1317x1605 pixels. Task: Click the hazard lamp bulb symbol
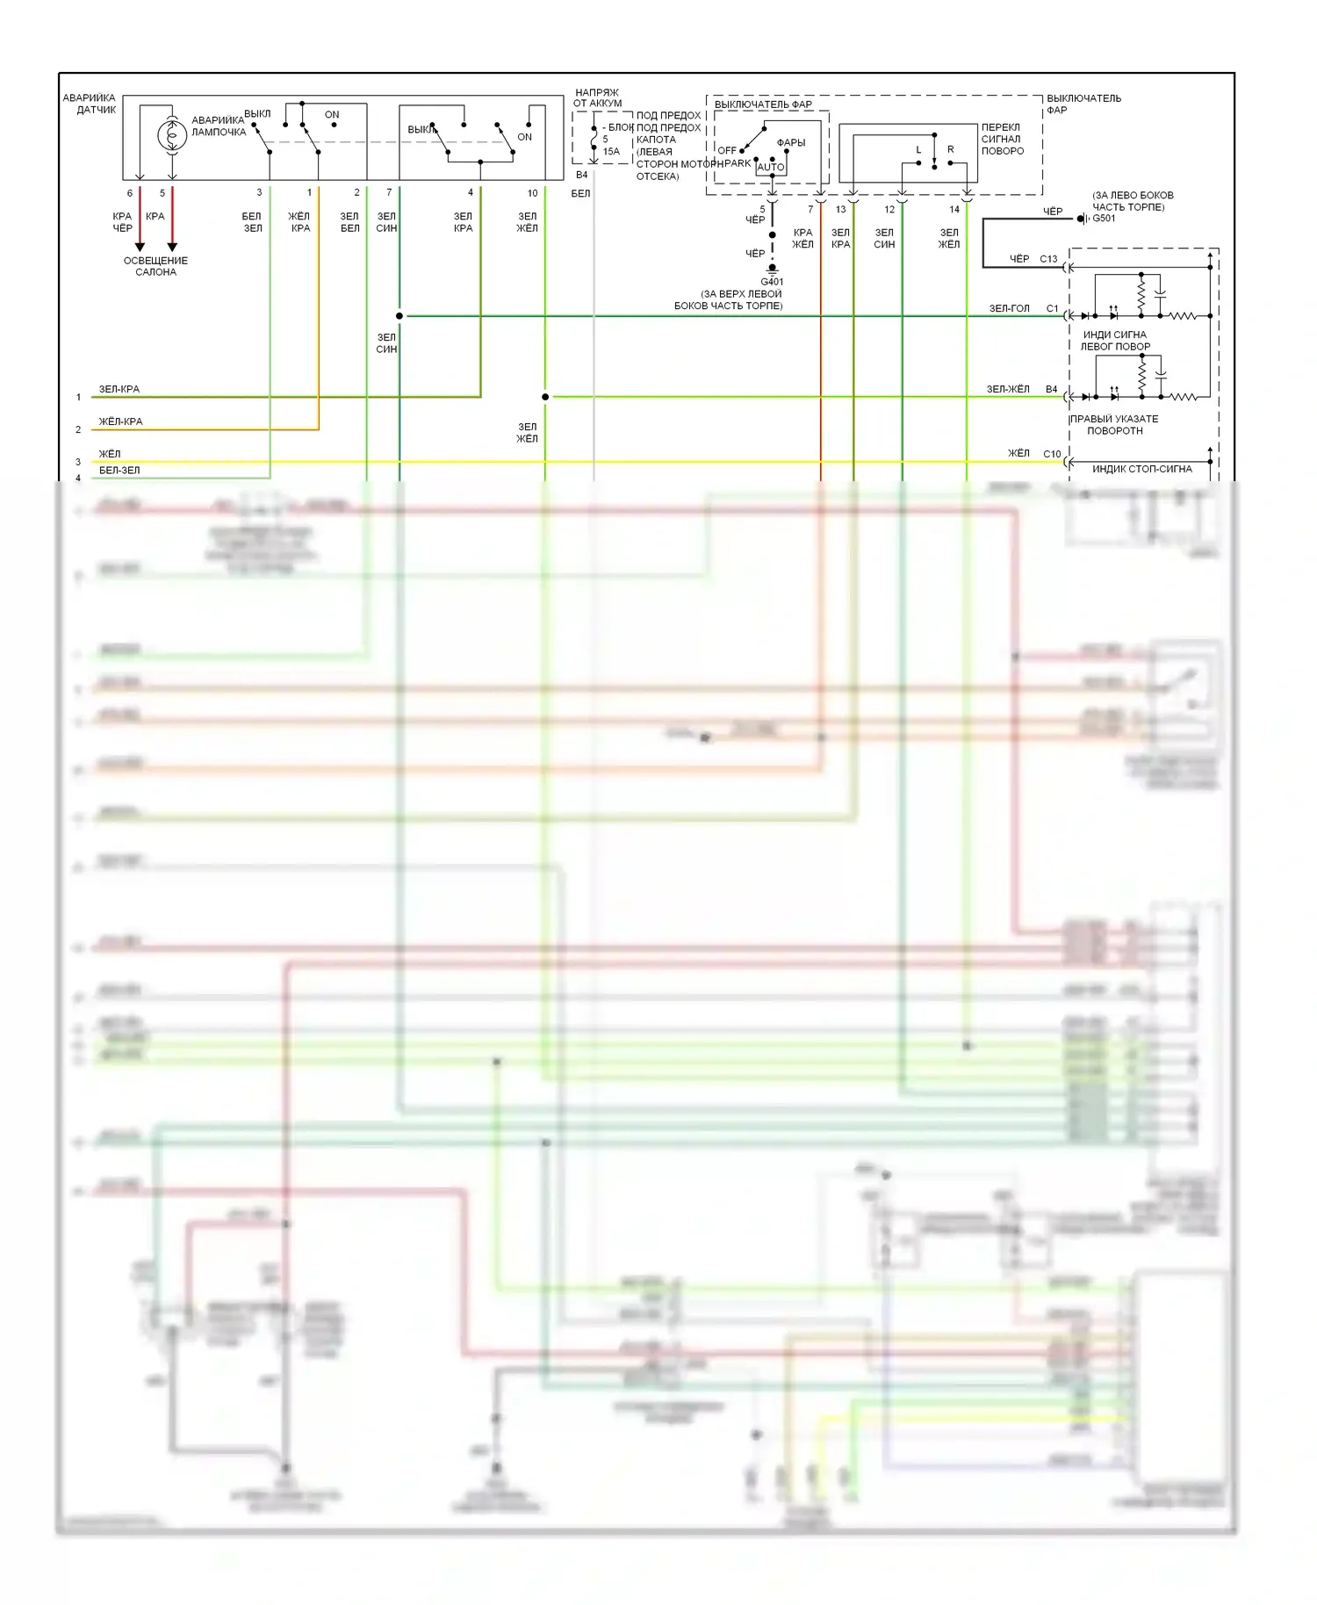click(172, 135)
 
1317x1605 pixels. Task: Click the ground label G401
click(772, 282)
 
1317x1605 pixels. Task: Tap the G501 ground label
click(1104, 219)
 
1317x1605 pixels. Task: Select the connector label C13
click(1048, 259)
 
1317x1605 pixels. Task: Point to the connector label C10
click(1052, 454)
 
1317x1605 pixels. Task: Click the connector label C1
click(1052, 308)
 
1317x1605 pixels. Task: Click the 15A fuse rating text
click(611, 151)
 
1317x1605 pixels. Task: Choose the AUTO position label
click(771, 167)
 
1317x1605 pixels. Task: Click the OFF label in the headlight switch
click(726, 150)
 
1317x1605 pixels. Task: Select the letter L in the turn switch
click(918, 149)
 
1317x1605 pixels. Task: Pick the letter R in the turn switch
click(950, 149)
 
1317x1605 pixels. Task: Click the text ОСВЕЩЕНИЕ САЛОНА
click(155, 266)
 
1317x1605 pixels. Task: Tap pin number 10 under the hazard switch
click(532, 193)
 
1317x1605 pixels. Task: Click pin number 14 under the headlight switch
click(954, 209)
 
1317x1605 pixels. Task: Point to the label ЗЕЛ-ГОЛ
click(1009, 308)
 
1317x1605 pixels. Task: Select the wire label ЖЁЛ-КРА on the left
click(120, 421)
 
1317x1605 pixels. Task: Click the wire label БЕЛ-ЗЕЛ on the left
click(119, 471)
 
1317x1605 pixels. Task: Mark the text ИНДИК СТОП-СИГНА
click(1141, 469)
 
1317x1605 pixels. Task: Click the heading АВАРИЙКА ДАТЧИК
click(90, 104)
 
